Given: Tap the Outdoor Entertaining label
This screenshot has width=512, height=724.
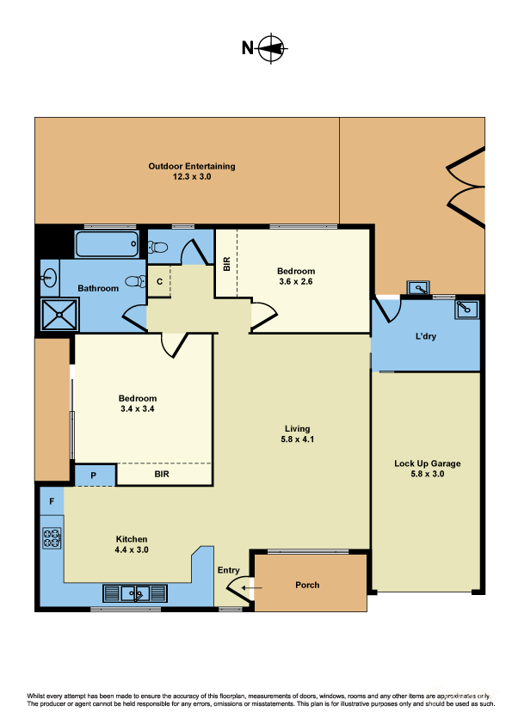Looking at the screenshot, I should click(191, 166).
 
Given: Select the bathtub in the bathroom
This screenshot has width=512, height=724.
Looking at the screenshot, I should click(107, 244).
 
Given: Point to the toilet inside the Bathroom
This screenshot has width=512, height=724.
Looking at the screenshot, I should click(133, 281).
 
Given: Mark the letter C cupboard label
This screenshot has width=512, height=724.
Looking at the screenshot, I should click(160, 281).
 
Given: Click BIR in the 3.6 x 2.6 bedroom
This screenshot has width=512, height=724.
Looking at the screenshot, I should click(226, 264).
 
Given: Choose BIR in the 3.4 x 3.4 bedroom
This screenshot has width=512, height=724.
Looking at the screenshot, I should click(162, 474).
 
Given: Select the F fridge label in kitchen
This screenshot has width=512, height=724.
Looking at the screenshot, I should click(52, 500).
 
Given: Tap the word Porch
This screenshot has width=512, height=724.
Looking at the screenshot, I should click(307, 585).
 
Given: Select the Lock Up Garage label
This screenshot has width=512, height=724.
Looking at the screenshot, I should click(427, 463).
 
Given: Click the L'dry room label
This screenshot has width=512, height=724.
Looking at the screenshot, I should click(425, 336).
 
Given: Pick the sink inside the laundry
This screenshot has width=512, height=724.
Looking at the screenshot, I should click(466, 308).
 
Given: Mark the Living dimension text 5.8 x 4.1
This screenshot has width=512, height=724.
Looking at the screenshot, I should click(298, 439).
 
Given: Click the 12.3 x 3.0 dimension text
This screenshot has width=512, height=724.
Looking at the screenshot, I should click(191, 175).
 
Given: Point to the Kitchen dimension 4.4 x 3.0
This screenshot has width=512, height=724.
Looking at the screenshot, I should click(132, 549).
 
